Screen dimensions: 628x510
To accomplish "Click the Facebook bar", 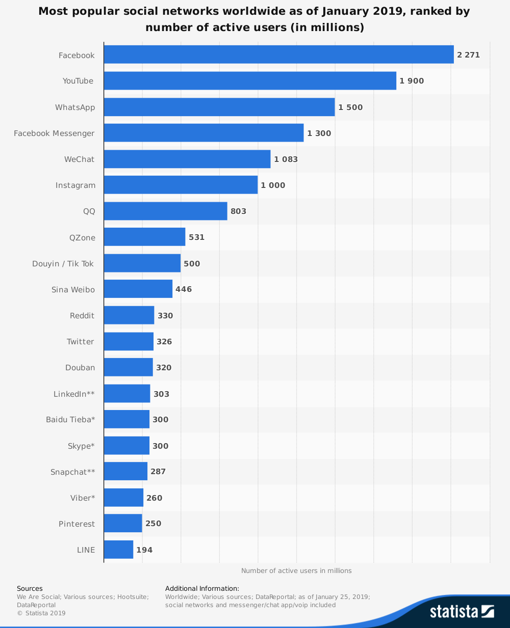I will (278, 54).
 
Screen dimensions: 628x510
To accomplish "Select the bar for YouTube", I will (250, 81).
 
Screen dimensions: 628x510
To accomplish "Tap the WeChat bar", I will (187, 159).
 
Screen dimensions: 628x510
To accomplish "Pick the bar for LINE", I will (118, 550).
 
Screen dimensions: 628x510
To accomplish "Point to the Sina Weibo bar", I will (138, 289).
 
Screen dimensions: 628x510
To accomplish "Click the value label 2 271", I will (468, 55).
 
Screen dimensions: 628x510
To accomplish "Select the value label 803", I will (238, 211).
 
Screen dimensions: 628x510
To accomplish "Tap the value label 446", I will (184, 289).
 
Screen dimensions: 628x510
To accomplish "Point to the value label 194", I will (144, 550).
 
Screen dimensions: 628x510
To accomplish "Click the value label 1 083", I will (286, 159).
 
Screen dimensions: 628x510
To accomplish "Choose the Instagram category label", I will (75, 185).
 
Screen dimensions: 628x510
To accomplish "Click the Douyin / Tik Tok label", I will (63, 264).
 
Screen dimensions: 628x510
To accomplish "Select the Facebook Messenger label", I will (54, 133).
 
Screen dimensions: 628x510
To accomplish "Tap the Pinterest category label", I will (76, 524).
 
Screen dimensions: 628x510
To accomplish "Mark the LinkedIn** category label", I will (74, 394).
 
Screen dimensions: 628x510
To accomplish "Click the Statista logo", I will (462, 611).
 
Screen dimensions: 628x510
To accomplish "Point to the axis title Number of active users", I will (296, 571).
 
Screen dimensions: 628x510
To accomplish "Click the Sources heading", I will (30, 589).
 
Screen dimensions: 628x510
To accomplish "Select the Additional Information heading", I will (202, 589).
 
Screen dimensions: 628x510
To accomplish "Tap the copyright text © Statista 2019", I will (41, 613).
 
